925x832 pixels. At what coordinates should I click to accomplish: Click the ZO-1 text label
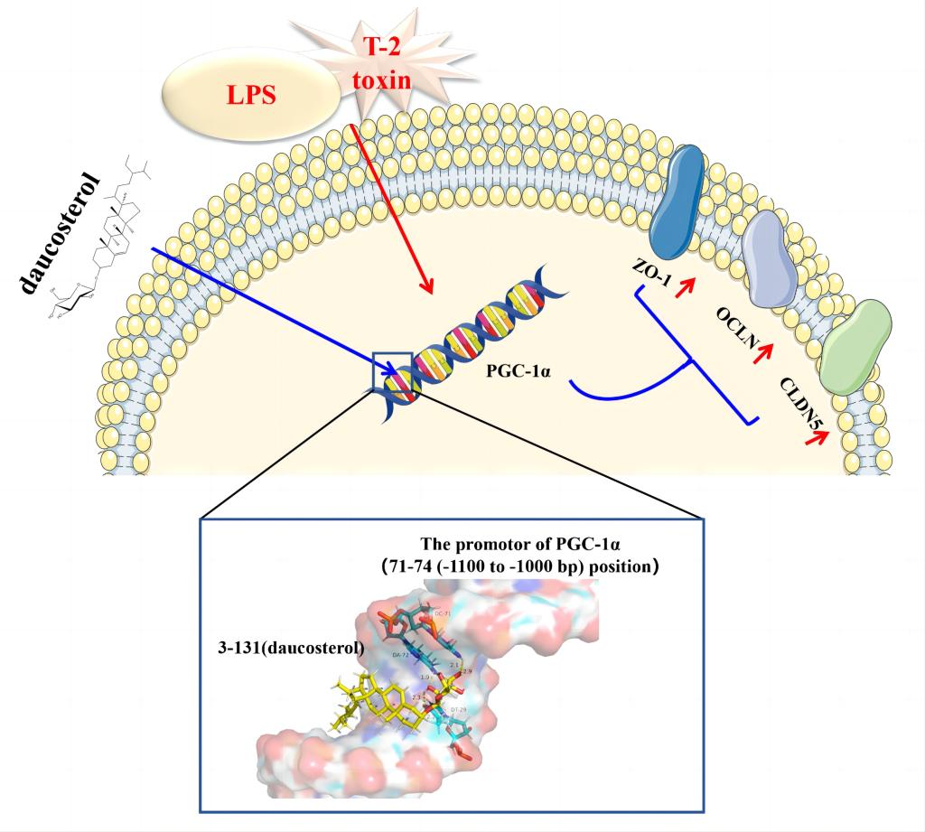pyautogui.click(x=651, y=276)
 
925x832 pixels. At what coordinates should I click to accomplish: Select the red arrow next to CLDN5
pyautogui.click(x=819, y=437)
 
